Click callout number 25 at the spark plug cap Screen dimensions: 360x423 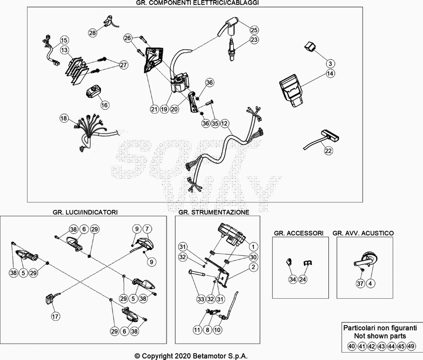click(x=254, y=30)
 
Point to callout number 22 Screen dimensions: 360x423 click(x=328, y=151)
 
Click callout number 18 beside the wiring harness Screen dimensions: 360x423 click(x=64, y=118)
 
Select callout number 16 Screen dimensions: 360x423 click(x=104, y=105)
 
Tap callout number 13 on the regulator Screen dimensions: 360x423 click(x=64, y=50)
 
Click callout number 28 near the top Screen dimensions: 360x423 click(x=93, y=33)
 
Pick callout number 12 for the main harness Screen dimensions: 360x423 click(x=225, y=123)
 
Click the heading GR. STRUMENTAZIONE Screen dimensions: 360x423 click(x=214, y=212)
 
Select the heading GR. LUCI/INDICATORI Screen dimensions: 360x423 click(x=85, y=212)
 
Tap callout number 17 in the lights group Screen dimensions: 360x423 click(x=54, y=317)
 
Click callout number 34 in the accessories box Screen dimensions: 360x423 click(x=292, y=279)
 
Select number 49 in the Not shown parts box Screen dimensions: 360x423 click(x=412, y=346)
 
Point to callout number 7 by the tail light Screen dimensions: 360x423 click(x=147, y=228)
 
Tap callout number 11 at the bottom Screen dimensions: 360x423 click(x=197, y=330)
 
